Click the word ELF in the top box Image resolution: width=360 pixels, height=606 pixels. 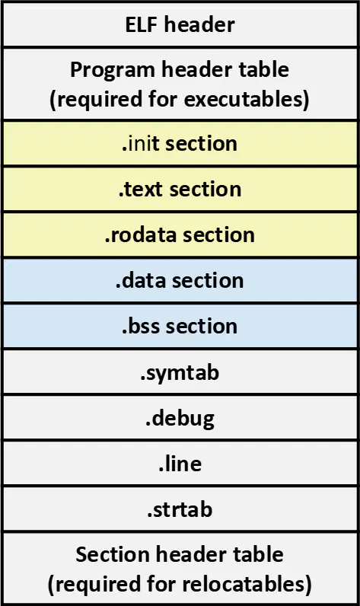coord(142,24)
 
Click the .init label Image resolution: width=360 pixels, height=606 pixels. coord(140,144)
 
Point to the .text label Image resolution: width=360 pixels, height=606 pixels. coord(140,190)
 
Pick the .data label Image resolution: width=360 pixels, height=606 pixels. coord(141,281)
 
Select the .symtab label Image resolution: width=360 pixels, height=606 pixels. coord(180,373)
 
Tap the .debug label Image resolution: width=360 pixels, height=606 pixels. coord(180,419)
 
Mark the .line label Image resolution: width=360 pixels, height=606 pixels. coord(180,464)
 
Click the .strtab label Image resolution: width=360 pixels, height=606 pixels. coord(180,509)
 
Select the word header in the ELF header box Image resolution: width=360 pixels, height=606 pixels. coord(199,24)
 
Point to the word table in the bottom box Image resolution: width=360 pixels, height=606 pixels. coord(259,554)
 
